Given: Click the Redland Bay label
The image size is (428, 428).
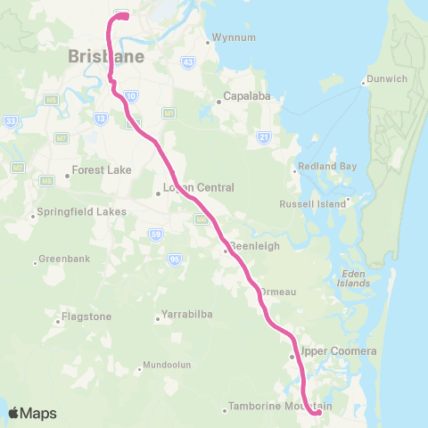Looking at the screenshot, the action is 325,168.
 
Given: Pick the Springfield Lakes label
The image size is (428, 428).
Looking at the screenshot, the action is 81,212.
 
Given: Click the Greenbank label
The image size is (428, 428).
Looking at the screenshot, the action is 63,261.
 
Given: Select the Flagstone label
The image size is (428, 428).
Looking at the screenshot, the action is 86,317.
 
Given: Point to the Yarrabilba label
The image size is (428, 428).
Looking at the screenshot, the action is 188,315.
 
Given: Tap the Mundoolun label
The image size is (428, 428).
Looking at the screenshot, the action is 169,366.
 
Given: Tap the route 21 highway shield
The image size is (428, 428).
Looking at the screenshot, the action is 263,136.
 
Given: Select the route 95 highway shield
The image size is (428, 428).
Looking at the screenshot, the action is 174,259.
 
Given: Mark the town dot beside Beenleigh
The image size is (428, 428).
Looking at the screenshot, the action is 226,251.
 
